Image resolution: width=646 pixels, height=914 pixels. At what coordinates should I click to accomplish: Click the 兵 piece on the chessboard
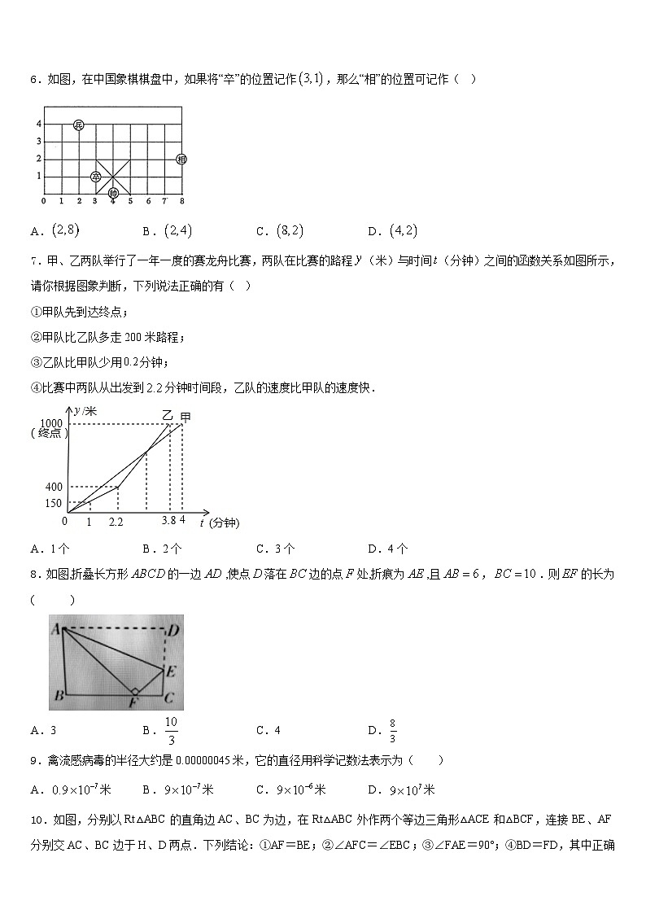78,125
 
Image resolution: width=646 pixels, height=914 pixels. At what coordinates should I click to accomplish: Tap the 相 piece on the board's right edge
181,159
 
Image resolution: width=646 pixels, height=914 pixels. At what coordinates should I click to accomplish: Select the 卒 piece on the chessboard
96,176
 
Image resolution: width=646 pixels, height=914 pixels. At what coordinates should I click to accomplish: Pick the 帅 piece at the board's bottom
113,193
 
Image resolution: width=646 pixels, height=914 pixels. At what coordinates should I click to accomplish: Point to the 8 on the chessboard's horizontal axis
181,201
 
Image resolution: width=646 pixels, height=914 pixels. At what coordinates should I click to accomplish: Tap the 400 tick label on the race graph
54,487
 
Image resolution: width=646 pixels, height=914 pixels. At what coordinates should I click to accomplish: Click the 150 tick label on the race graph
54,502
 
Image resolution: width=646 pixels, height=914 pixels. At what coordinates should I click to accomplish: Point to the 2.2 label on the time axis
116,522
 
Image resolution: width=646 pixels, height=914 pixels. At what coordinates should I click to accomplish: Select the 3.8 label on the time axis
168,519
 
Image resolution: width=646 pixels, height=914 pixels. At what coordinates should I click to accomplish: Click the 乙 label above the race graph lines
168,415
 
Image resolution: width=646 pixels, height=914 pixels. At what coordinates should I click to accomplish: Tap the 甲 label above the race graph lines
186,417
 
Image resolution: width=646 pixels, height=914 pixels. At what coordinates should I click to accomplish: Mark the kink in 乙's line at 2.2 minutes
119,488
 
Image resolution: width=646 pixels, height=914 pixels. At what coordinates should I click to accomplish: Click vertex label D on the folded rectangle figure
172,630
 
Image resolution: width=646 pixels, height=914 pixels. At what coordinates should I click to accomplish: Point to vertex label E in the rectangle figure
170,671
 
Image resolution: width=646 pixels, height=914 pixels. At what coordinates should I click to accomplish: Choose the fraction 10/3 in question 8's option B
170,730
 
